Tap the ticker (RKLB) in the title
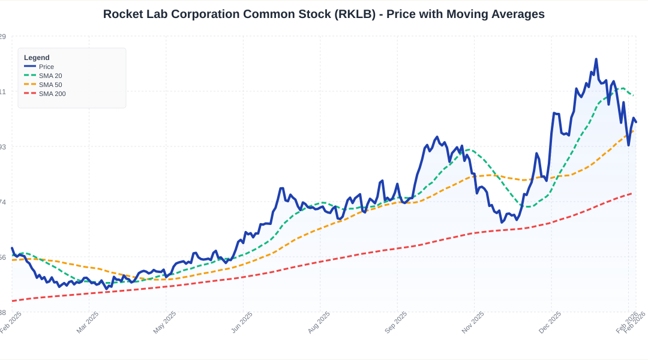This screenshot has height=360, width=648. (358, 14)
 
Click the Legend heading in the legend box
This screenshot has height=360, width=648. (37, 58)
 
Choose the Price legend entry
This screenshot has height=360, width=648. (46, 67)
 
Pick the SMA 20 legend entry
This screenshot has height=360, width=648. (50, 76)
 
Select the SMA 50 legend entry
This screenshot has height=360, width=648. (50, 85)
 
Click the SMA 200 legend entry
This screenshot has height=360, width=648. (52, 94)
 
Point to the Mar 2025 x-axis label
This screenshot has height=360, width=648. (88, 322)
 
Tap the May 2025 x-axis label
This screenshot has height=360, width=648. (165, 322)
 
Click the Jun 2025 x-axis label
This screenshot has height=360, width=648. (242, 322)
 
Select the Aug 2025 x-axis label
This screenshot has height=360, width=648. (319, 322)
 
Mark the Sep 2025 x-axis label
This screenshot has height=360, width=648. (396, 322)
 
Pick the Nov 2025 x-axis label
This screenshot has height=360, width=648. (473, 322)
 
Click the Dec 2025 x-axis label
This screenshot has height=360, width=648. (550, 322)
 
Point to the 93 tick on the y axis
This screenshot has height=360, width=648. (2, 147)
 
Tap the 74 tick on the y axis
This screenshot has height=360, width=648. (2, 202)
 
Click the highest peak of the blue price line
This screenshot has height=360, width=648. (596, 59)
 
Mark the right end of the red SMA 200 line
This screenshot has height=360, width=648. (631, 193)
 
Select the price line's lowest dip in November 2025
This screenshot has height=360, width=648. (502, 223)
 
